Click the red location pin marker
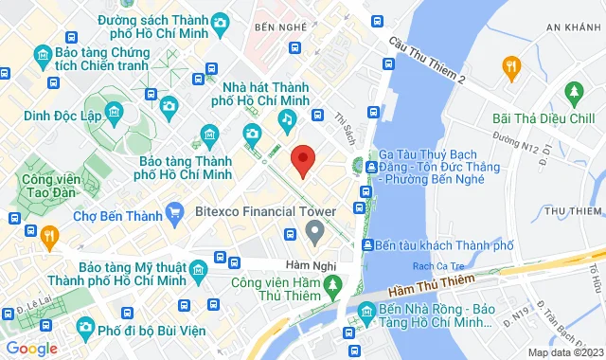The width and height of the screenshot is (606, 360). coord(302,159)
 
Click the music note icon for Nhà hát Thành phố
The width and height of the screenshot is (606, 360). coord(286,118)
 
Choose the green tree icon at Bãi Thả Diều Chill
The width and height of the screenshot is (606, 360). coord(573,93)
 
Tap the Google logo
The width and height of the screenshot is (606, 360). coord(31,348)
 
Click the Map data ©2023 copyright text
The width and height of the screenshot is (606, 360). coord(563,352)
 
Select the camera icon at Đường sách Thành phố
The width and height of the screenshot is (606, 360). coord(220,22)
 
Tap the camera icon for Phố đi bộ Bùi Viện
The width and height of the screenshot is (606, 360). coord(84,329)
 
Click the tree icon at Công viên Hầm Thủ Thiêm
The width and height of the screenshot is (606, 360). coord(331,283)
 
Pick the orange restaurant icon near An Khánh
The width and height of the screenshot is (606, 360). coord(511,65)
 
